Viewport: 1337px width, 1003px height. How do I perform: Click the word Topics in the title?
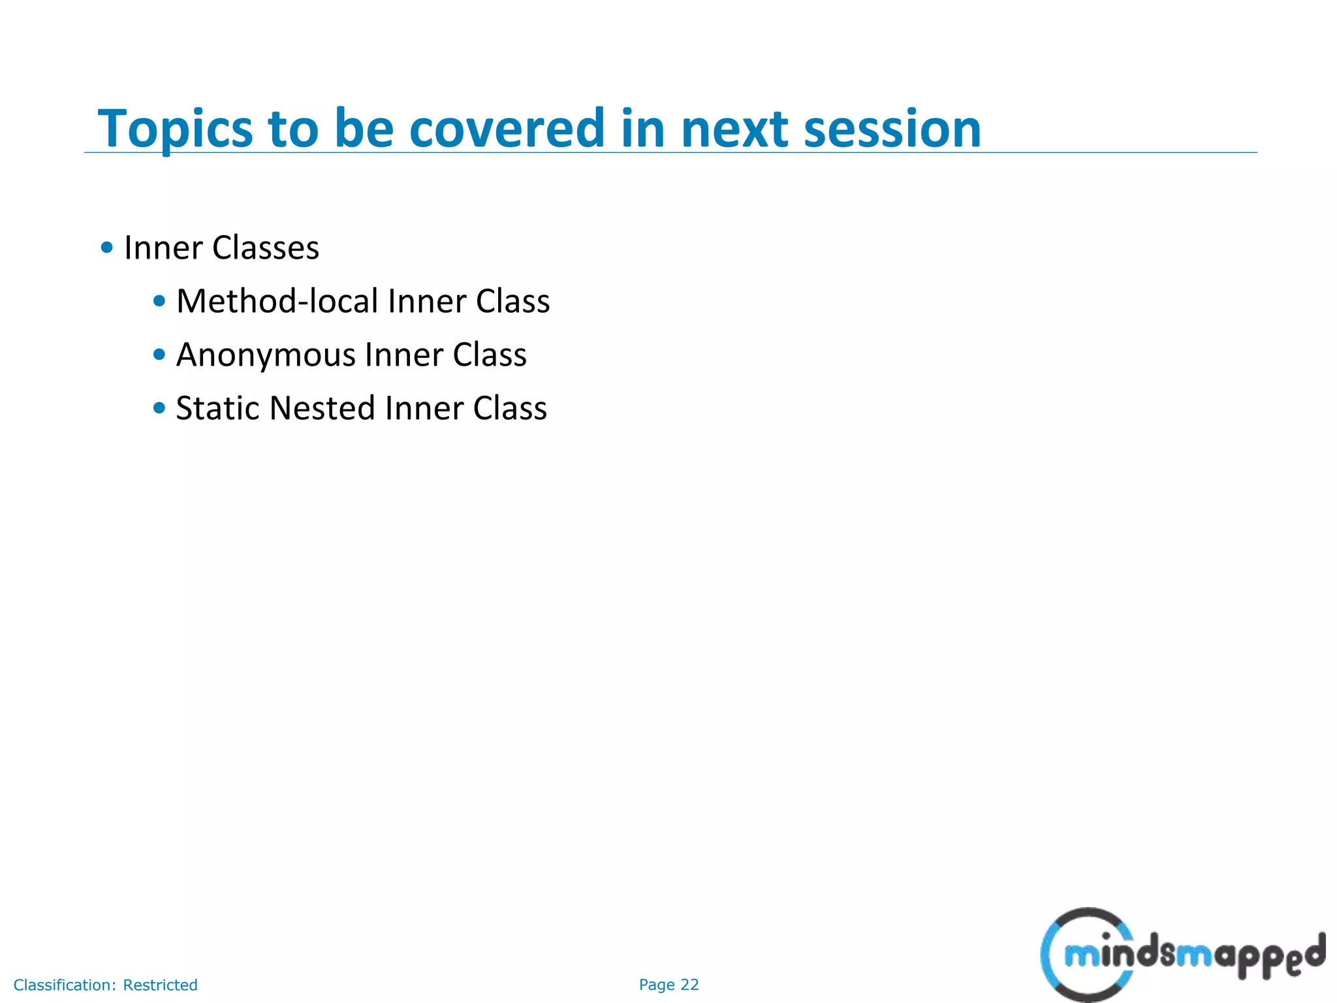point(175,129)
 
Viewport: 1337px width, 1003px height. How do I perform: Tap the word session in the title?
point(892,129)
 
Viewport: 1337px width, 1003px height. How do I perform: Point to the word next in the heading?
point(734,129)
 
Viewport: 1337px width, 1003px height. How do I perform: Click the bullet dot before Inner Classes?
point(107,247)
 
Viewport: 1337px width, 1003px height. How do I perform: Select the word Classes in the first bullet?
point(266,248)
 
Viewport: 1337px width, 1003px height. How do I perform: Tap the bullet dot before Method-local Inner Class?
point(159,301)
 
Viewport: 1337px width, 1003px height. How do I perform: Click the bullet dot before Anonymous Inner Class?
point(159,355)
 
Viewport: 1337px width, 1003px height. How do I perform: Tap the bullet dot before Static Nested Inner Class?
point(159,408)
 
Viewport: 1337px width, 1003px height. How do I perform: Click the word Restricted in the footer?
point(160,985)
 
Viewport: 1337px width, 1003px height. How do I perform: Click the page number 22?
point(690,985)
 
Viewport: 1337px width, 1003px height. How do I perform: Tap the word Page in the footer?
point(657,985)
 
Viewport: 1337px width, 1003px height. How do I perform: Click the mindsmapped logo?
point(1183,955)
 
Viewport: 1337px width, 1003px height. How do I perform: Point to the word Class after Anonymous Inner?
point(490,355)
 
